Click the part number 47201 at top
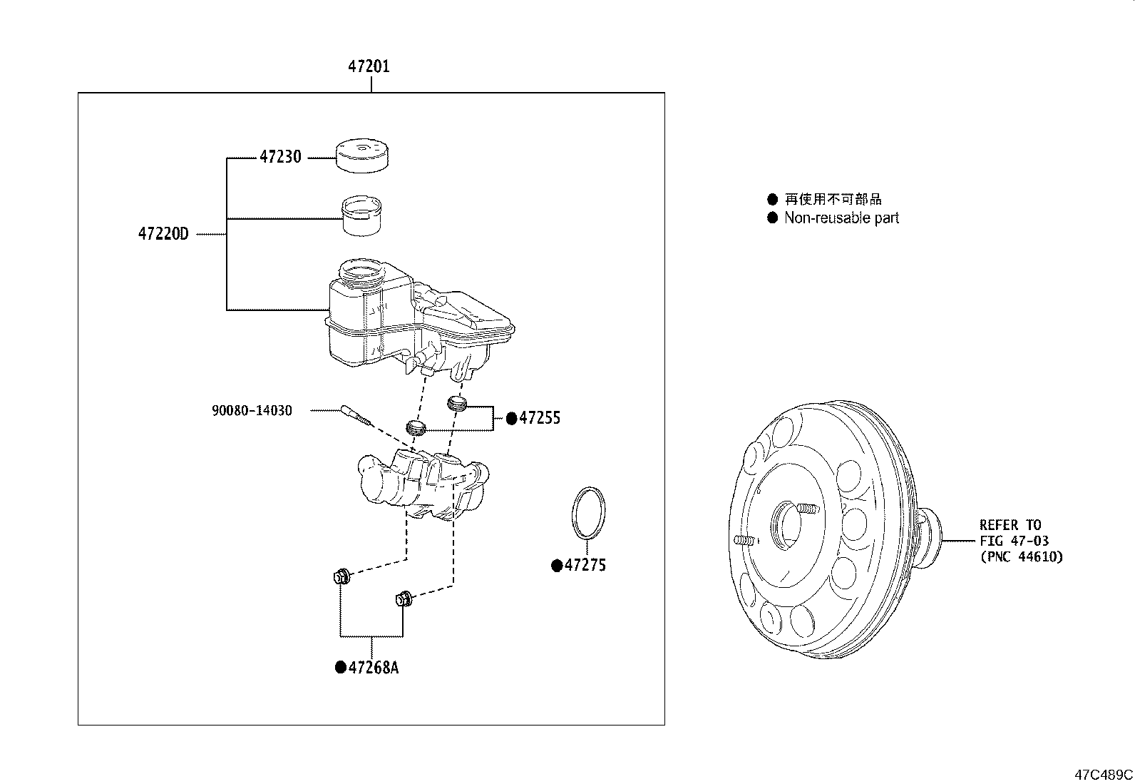[369, 66]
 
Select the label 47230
[280, 157]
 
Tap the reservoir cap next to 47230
[362, 156]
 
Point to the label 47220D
[163, 233]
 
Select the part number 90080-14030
[252, 411]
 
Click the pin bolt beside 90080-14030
[356, 415]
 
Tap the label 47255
[540, 419]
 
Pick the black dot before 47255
[511, 419]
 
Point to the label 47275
[585, 566]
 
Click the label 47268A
[374, 668]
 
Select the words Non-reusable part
[841, 218]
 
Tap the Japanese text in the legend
[833, 200]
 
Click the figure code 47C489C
[1104, 775]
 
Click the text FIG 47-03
[1014, 541]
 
